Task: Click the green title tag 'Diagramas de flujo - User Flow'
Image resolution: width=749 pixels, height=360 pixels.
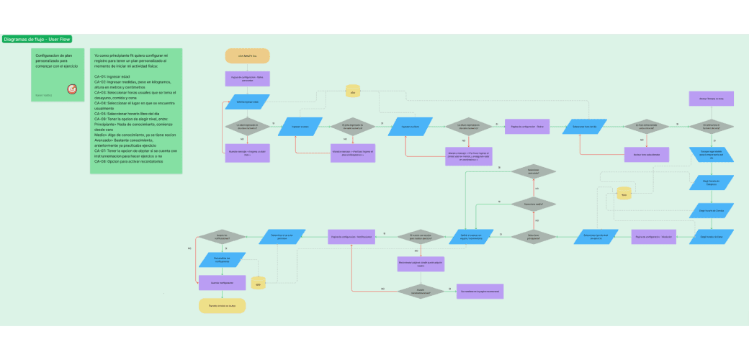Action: point(36,39)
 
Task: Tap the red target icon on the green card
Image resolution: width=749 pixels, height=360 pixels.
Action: point(72,89)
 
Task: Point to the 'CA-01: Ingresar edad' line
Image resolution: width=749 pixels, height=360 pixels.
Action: point(112,76)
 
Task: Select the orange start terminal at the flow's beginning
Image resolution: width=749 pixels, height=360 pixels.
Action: point(248,55)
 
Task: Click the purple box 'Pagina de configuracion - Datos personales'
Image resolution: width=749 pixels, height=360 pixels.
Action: point(248,78)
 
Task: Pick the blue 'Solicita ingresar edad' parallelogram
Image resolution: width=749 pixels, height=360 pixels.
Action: point(248,102)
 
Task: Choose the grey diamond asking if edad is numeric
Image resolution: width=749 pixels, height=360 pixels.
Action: point(248,127)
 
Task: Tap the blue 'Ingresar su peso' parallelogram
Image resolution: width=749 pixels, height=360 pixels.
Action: point(300,127)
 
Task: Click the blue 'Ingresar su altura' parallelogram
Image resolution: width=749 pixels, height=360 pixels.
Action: point(410,127)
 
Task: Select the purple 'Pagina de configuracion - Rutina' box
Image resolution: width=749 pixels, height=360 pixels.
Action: point(527,127)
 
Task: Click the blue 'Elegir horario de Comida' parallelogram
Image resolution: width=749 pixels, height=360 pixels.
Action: point(712,210)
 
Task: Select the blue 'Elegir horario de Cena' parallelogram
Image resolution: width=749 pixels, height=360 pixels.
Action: point(712,235)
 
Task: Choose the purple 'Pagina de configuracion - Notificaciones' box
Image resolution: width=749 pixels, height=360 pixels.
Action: point(351,236)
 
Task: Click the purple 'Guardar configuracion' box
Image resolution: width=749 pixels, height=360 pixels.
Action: point(223,283)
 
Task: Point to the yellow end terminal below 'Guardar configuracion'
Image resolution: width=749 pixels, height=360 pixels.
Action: point(223,306)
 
